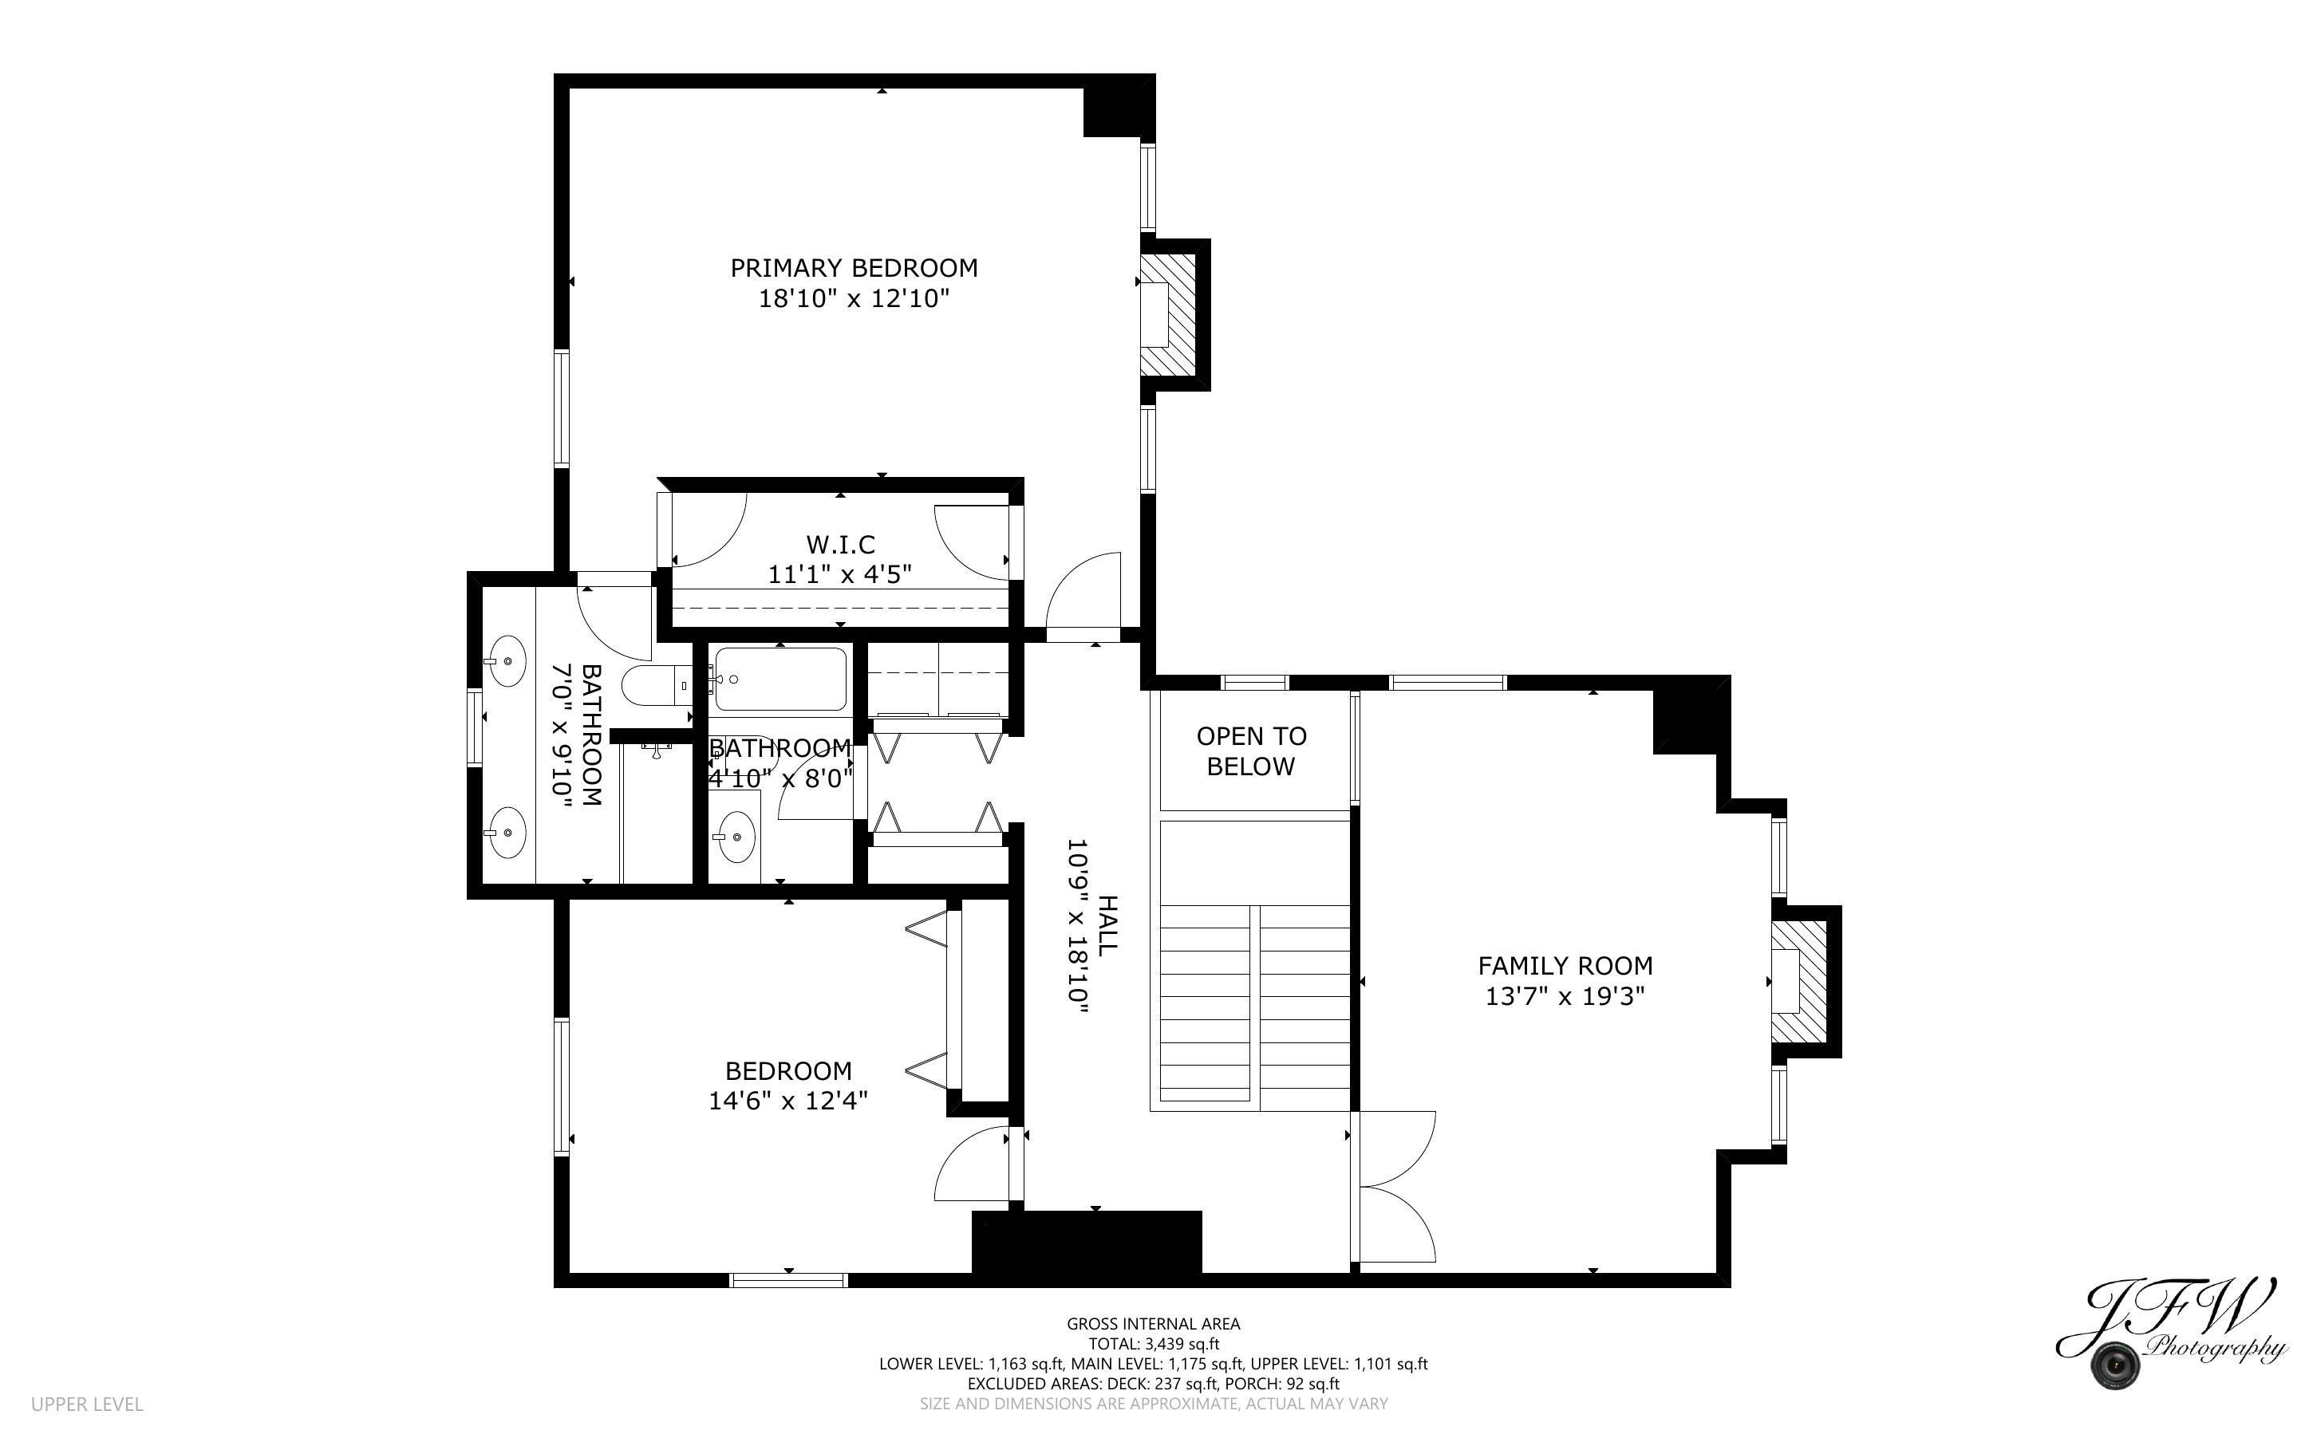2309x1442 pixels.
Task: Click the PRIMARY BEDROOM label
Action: (x=854, y=268)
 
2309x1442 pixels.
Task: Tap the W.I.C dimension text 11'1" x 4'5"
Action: (x=839, y=574)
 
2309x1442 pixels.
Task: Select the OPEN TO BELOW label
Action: (x=1250, y=751)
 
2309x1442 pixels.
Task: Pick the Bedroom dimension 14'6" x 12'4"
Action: (x=787, y=1101)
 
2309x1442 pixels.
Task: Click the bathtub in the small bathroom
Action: (x=780, y=679)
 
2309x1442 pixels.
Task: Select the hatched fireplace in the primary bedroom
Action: (x=1168, y=315)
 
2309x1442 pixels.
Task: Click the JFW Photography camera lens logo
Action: (x=2114, y=1365)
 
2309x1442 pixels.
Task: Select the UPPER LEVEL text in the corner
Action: (x=87, y=1404)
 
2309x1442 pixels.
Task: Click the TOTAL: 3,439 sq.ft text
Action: (x=1153, y=1344)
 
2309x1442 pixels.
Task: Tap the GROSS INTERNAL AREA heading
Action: (x=1153, y=1324)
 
